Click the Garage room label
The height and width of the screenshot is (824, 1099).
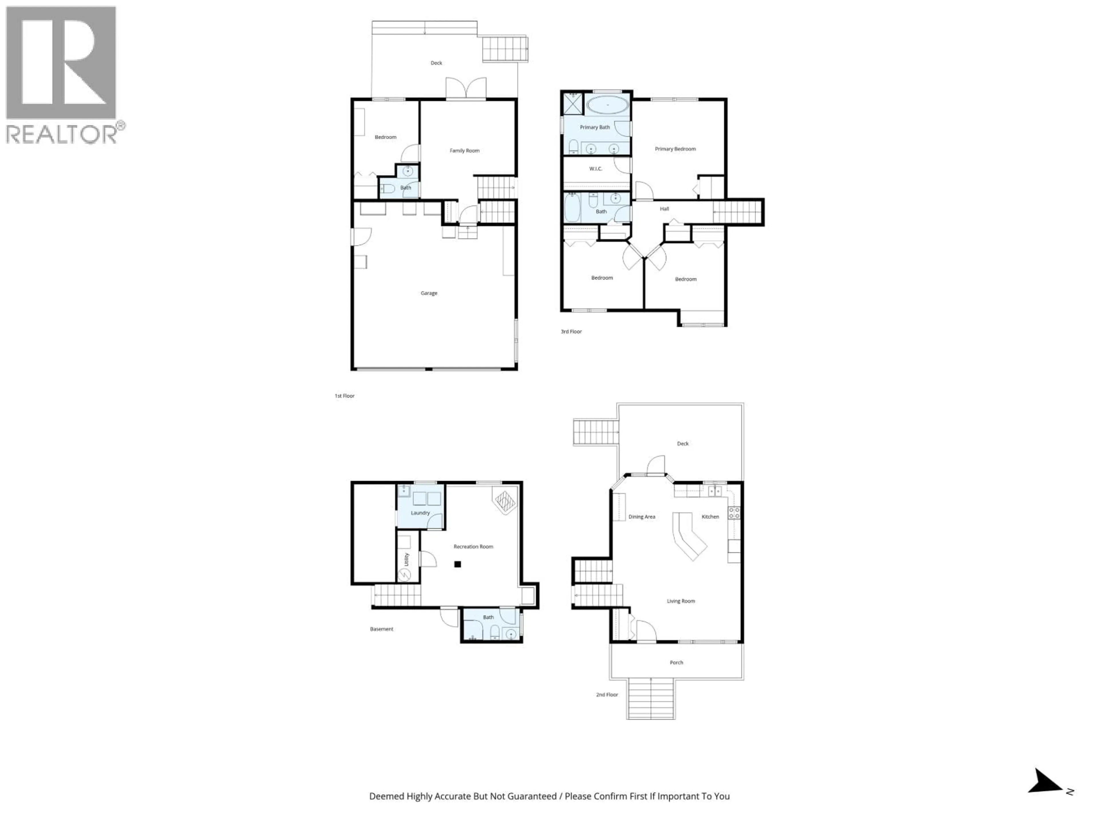pyautogui.click(x=429, y=293)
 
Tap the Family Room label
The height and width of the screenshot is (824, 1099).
pyautogui.click(x=464, y=150)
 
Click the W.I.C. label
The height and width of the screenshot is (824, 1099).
pyautogui.click(x=596, y=169)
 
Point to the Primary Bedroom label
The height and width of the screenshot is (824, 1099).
pyautogui.click(x=675, y=149)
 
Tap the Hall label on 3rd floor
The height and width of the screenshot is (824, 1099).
pyautogui.click(x=664, y=209)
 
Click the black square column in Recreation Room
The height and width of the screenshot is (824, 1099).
pyautogui.click(x=458, y=564)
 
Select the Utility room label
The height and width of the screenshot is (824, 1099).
pyautogui.click(x=406, y=559)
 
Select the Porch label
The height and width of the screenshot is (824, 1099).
pyautogui.click(x=676, y=663)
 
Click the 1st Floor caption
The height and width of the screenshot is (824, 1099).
pyautogui.click(x=344, y=396)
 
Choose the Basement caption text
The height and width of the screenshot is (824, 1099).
pyautogui.click(x=381, y=629)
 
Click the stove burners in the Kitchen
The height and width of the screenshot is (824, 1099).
pyautogui.click(x=734, y=513)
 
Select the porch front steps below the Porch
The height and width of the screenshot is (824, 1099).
pyautogui.click(x=650, y=699)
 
